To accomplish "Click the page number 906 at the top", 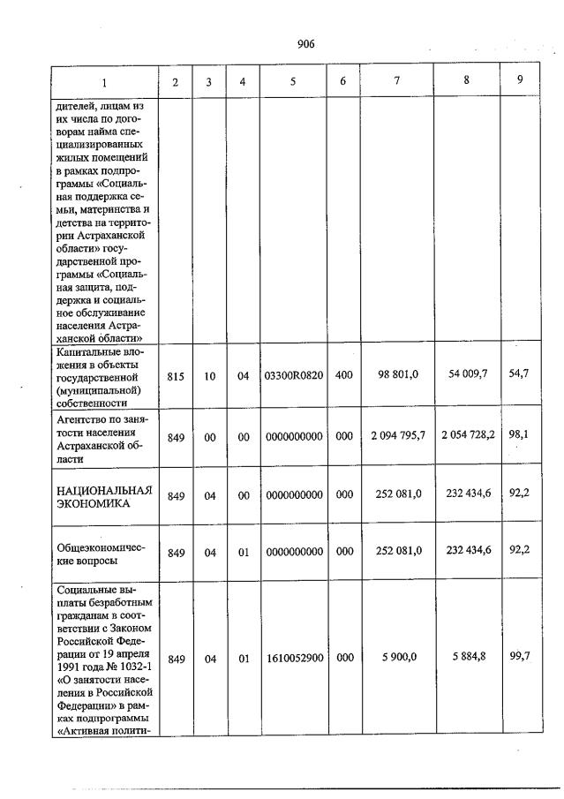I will click(x=306, y=43).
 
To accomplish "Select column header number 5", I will click(x=292, y=82).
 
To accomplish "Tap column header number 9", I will click(x=520, y=80).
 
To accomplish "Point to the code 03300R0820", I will click(x=293, y=375).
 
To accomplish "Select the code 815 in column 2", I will click(x=176, y=375).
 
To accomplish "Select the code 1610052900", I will click(x=293, y=659).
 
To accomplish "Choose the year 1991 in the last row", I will click(x=69, y=659).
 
